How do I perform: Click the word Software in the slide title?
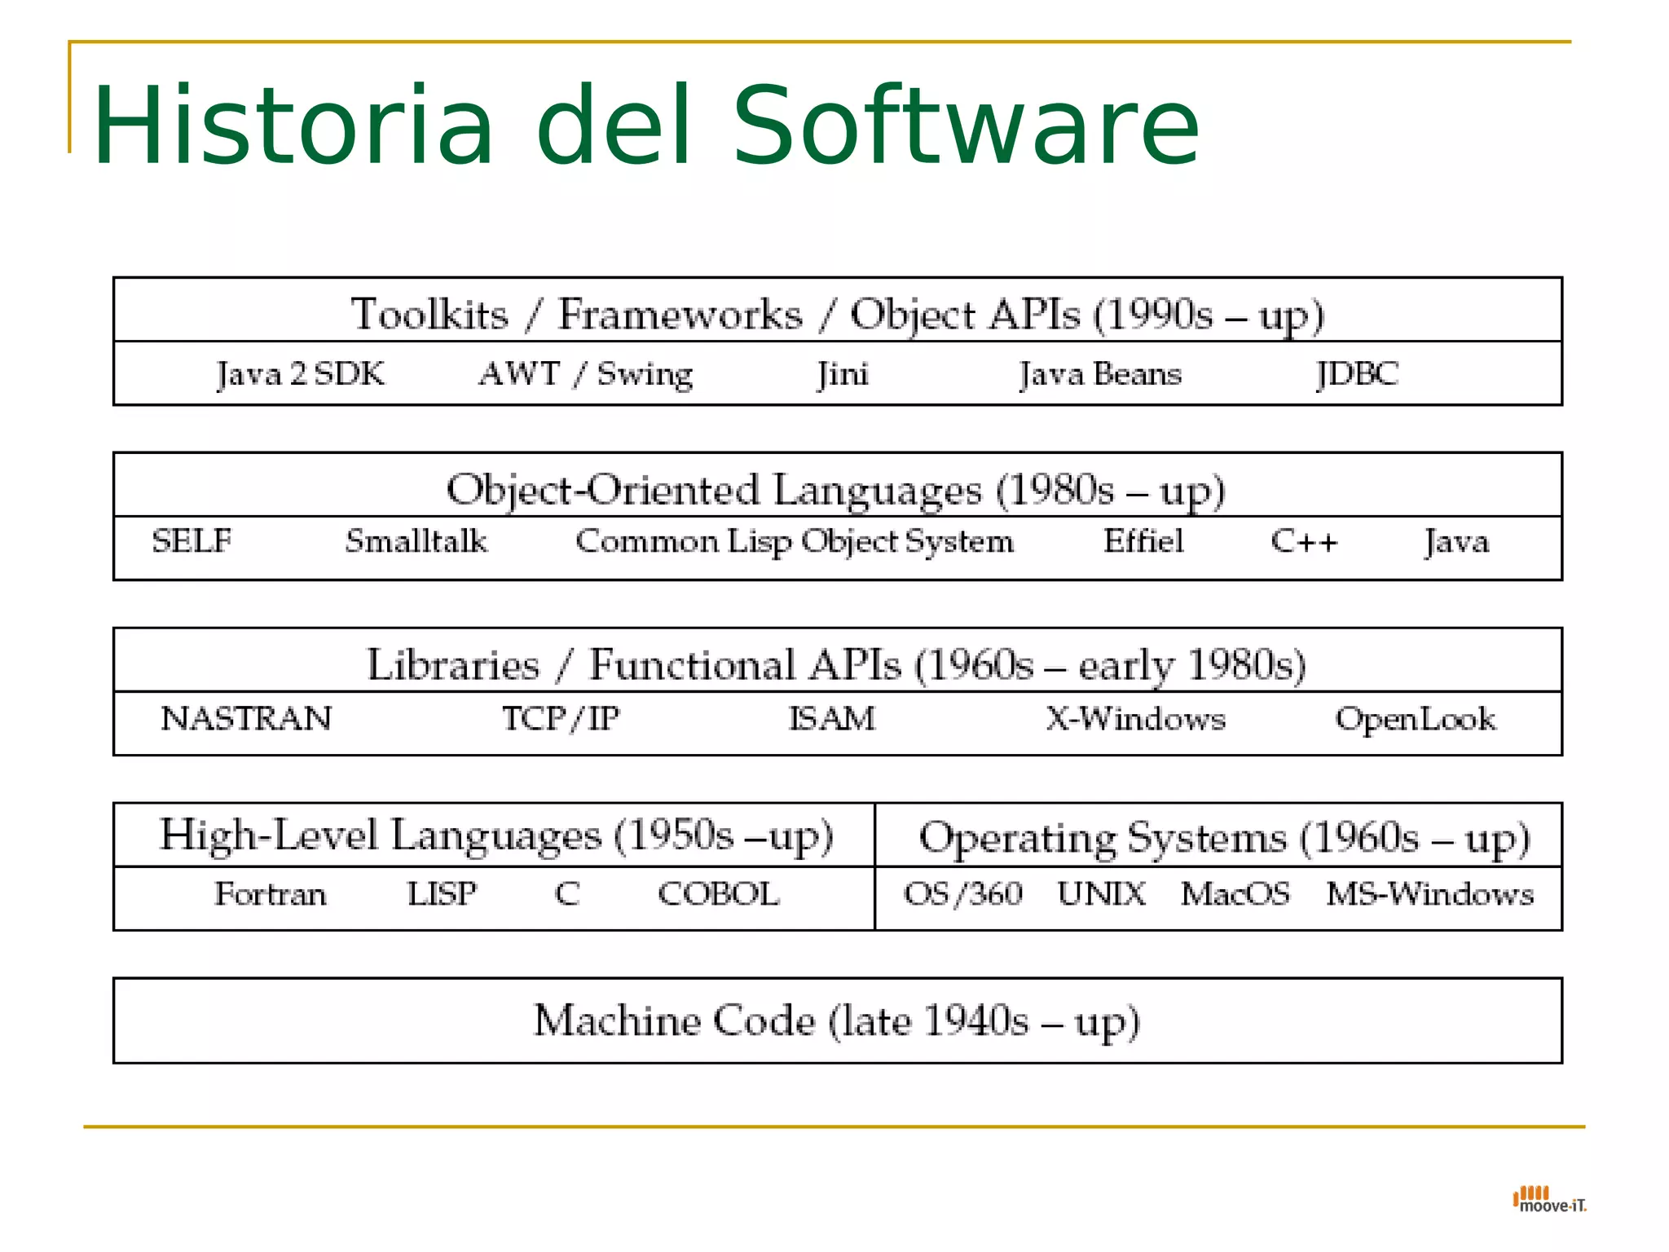pos(966,126)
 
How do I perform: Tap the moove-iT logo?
pos(1549,1200)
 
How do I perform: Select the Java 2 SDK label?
pos(300,374)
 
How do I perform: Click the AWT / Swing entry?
pos(585,374)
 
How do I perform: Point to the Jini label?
pos(843,374)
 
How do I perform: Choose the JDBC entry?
pos(1357,374)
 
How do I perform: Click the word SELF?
pos(192,541)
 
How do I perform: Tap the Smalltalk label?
pos(416,541)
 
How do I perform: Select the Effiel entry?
pos(1143,541)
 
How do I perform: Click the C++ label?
pos(1304,542)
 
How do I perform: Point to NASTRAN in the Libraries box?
pos(246,719)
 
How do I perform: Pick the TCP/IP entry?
pos(561,719)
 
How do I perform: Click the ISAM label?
pos(832,719)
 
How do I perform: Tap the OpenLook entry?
pos(1416,719)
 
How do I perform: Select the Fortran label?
pos(271,894)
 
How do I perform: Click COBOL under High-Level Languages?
pos(719,894)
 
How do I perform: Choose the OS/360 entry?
pos(963,894)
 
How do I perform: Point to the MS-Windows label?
pos(1429,894)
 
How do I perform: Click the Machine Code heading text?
pos(836,1021)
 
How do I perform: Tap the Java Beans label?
pos(1100,374)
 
